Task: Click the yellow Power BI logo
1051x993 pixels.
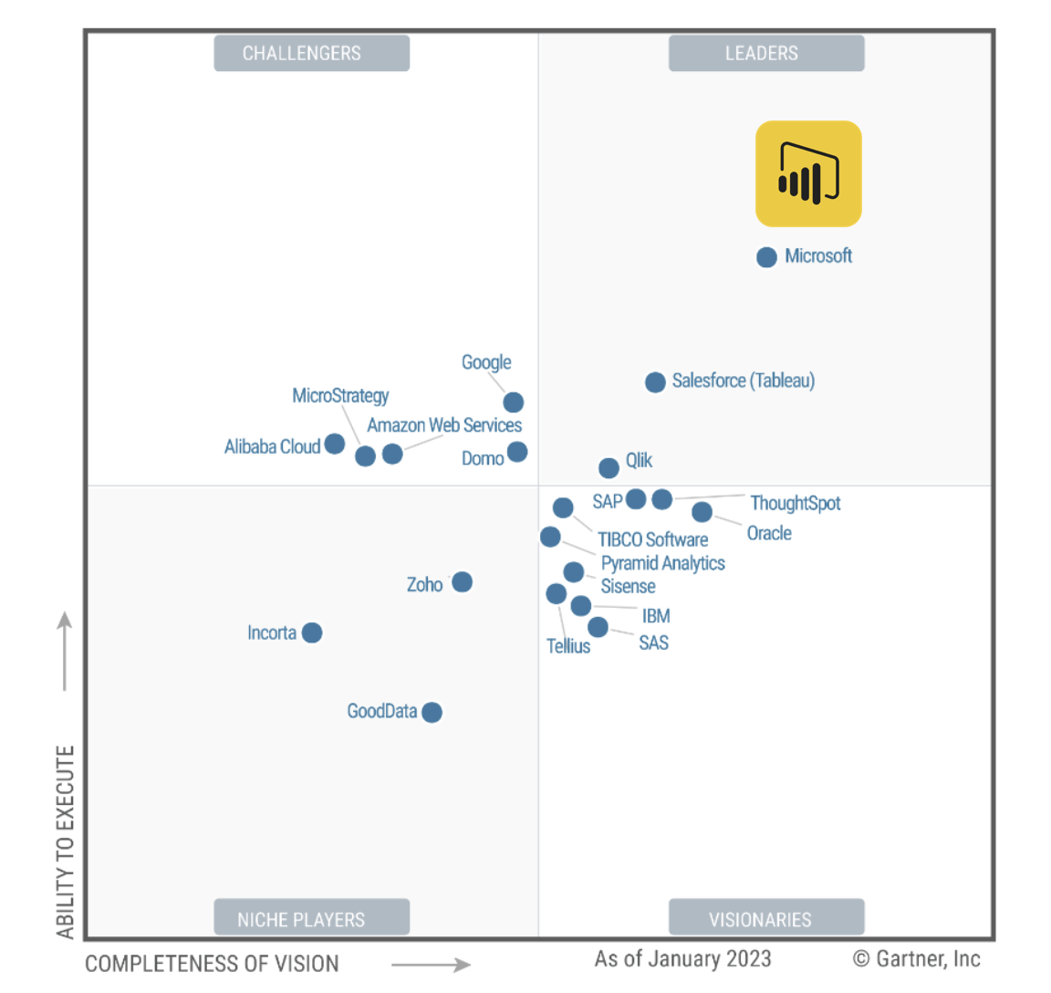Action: [808, 173]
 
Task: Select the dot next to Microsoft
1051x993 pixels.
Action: [766, 257]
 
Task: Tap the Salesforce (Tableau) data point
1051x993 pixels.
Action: [655, 382]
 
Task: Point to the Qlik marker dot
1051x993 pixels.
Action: [609, 468]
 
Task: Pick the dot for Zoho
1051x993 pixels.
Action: [463, 582]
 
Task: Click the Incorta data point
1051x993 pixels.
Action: [312, 632]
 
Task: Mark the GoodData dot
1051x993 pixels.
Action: [432, 712]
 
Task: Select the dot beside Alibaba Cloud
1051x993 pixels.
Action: [335, 444]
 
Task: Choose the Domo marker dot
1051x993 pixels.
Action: [517, 452]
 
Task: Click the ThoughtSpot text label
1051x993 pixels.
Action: [795, 503]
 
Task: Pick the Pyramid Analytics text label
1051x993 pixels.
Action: [662, 563]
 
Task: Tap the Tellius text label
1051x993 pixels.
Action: [567, 646]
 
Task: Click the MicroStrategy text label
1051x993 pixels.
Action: [340, 395]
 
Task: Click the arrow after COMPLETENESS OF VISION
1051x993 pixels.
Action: [431, 964]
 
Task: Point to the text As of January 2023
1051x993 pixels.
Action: [682, 959]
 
